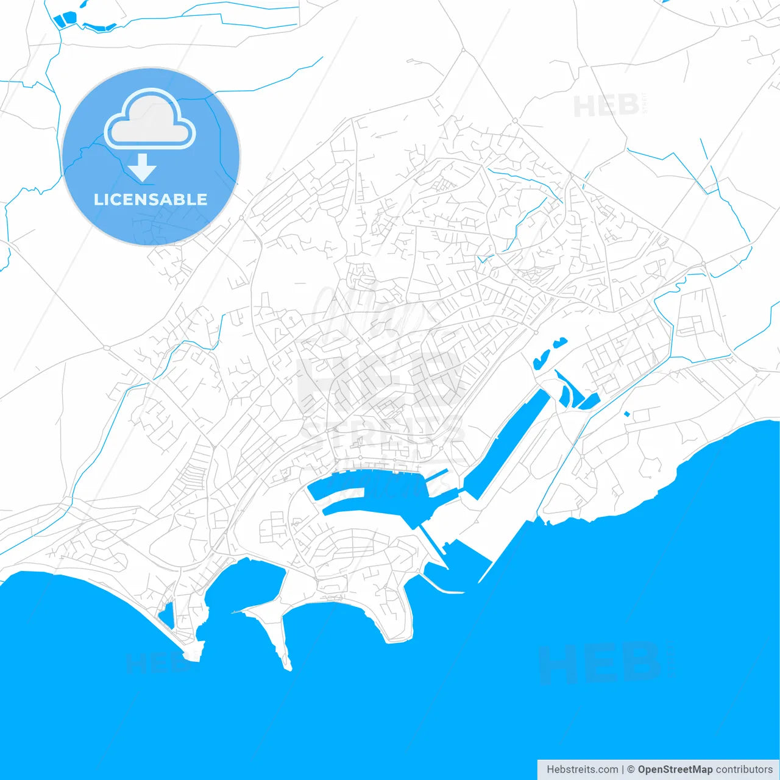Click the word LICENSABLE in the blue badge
tap(151, 199)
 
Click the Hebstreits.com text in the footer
tap(583, 770)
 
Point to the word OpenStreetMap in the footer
tap(675, 770)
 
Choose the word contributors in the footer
tap(744, 770)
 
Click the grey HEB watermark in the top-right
tap(606, 106)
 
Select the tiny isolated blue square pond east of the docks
tap(626, 414)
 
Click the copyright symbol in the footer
tap(631, 770)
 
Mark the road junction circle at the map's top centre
tap(463, 49)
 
